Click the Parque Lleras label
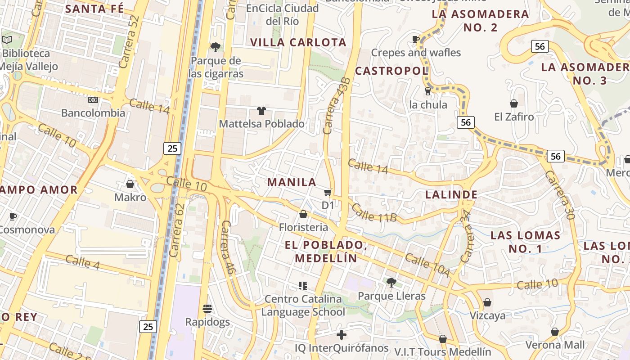coord(391,296)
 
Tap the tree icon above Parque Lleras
coord(391,283)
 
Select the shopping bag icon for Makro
coord(130,184)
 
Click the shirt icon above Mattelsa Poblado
coord(261,110)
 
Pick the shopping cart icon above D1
coord(328,193)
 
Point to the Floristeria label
coord(303,227)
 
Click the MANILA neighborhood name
coord(292,182)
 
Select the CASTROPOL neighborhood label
coord(391,71)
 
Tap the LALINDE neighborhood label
coord(451,194)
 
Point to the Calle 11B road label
coord(374,213)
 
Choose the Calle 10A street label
coord(427,265)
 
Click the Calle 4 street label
coord(82,262)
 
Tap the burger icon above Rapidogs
coord(207,309)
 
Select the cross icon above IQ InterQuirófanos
coord(342,335)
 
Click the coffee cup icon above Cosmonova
coord(13,216)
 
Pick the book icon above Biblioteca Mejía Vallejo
coord(7,40)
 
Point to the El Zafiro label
coord(514,117)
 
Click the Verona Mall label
coord(555,345)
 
